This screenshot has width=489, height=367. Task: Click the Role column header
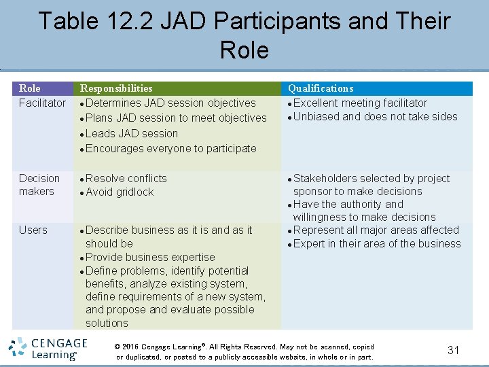coord(30,88)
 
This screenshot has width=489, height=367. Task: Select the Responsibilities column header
coord(116,88)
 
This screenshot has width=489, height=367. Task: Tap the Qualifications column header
coord(321,88)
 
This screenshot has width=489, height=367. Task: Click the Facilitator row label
coord(42,103)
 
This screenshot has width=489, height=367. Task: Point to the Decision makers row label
coord(39,185)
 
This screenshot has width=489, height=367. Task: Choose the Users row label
coord(33,230)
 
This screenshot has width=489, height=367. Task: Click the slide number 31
coord(453,350)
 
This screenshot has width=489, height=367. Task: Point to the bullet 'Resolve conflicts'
coord(126,178)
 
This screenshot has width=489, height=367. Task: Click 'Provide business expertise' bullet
coord(150,257)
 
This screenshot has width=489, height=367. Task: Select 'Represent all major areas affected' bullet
coord(376,230)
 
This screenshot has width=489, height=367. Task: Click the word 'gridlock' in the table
coord(134,192)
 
